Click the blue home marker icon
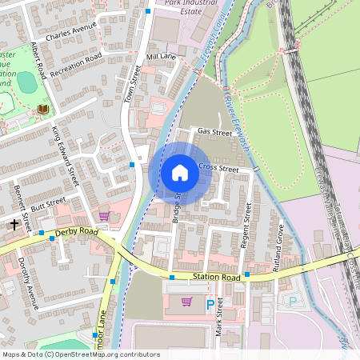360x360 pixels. pos(180,172)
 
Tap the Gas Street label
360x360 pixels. pos(214,132)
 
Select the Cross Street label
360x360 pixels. pos(218,170)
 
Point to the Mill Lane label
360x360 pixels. pos(161,58)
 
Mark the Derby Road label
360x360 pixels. pos(76,233)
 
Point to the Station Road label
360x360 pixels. pos(216,278)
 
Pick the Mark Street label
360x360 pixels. pos(218,318)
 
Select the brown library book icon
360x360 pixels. pos(43,109)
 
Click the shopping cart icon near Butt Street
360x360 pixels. pos(104,215)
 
